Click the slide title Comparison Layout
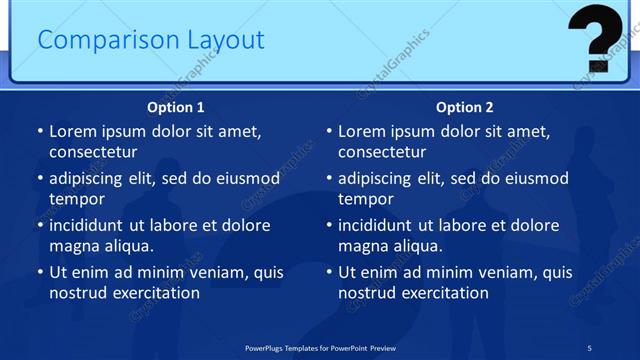click(151, 40)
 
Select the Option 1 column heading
click(176, 107)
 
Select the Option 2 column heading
click(465, 107)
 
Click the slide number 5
click(589, 347)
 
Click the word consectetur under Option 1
click(93, 152)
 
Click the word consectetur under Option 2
click(382, 152)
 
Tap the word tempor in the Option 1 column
click(76, 198)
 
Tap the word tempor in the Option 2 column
click(365, 198)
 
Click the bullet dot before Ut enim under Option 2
click(329, 272)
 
